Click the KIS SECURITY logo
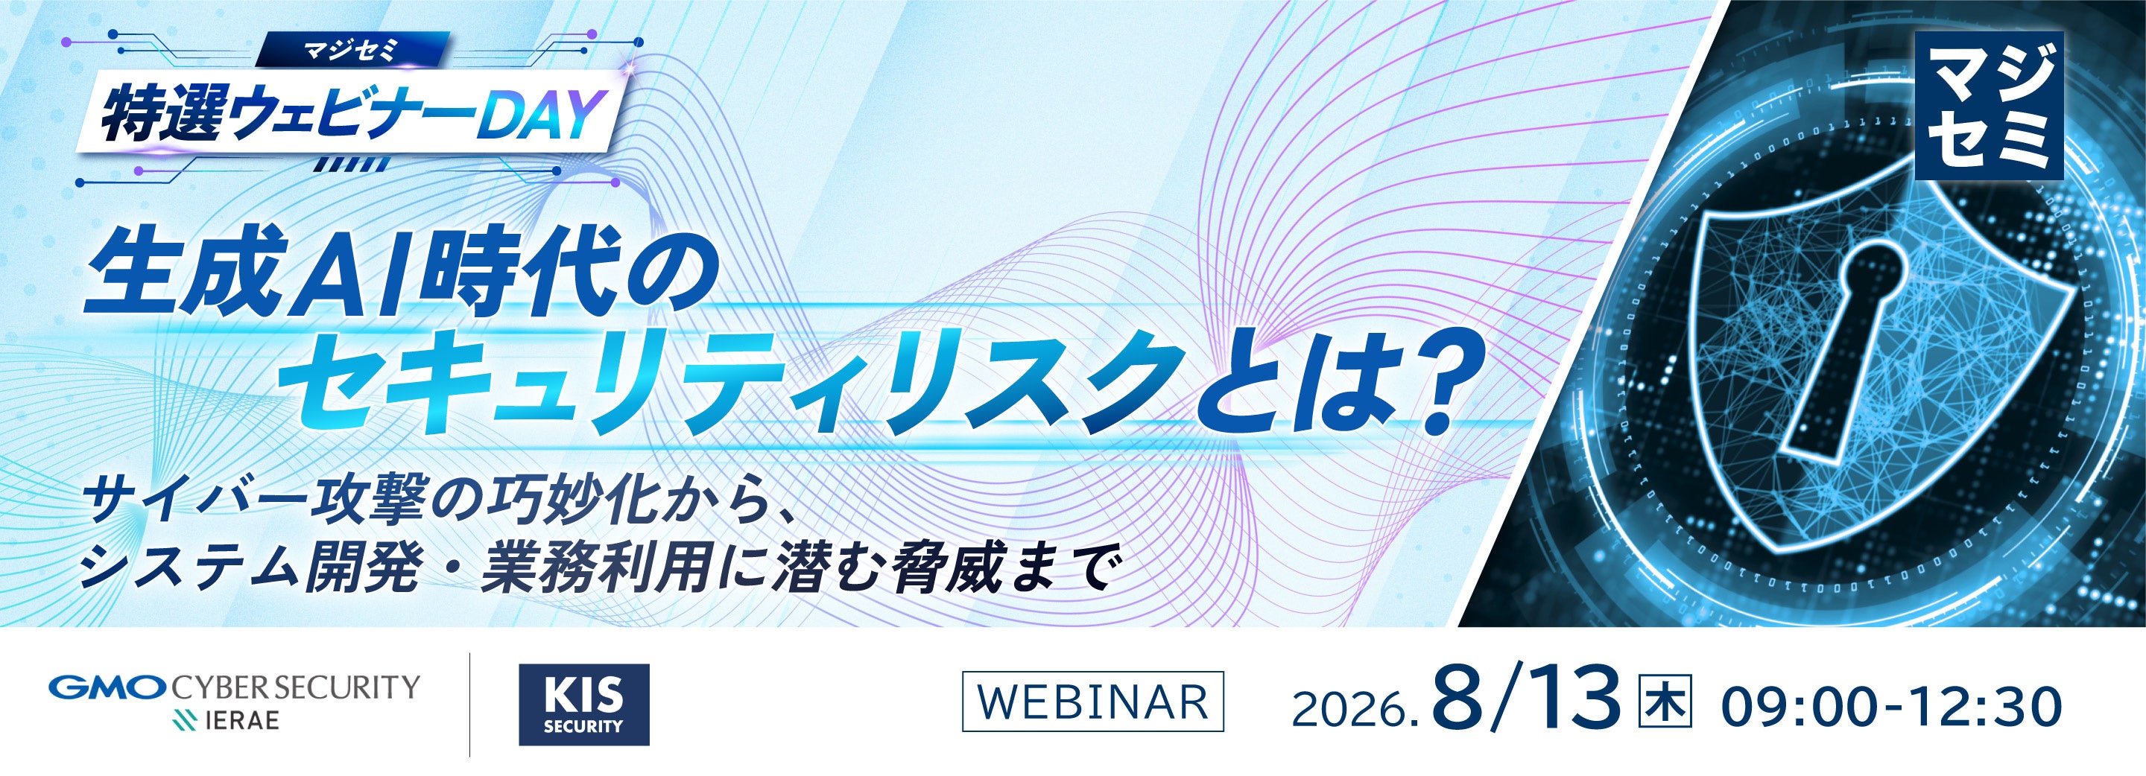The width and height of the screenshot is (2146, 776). [x=583, y=705]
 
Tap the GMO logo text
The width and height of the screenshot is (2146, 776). [x=109, y=689]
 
